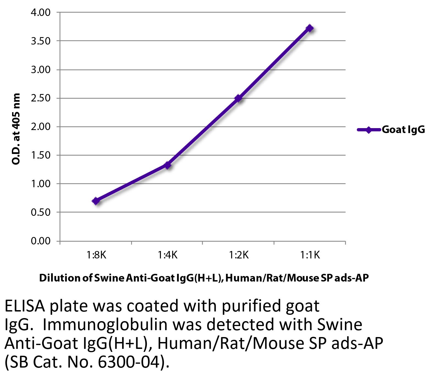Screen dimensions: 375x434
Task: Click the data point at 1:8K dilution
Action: click(x=96, y=201)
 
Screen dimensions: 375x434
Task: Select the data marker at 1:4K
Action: click(x=167, y=165)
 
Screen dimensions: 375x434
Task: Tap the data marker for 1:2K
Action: click(x=238, y=98)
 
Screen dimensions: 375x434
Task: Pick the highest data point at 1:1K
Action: click(x=310, y=28)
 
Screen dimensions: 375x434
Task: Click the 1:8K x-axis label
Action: click(x=96, y=256)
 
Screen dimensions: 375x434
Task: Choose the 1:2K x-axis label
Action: click(x=238, y=256)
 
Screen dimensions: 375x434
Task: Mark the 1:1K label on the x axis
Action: click(x=310, y=256)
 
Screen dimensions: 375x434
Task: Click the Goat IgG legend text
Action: click(x=403, y=129)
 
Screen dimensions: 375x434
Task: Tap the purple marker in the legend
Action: click(x=369, y=129)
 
